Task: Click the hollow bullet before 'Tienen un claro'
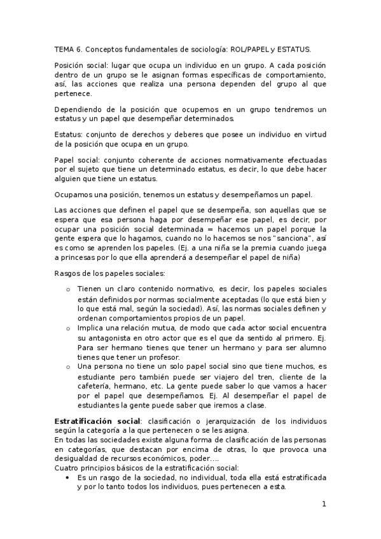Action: [x=69, y=290]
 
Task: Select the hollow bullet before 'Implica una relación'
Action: [x=69, y=329]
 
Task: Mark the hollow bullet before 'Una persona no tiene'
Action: [x=69, y=367]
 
